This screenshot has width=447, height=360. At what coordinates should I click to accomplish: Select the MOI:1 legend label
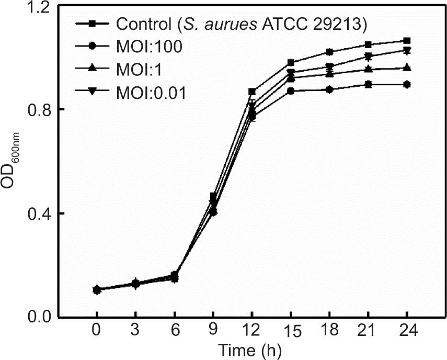[x=140, y=69]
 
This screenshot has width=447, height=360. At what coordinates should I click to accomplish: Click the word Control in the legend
[x=143, y=24]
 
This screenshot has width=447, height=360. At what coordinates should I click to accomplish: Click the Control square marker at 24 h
[x=407, y=41]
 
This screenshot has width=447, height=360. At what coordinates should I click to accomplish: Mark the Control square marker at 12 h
[x=252, y=92]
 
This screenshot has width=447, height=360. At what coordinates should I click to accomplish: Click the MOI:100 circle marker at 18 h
[x=329, y=89]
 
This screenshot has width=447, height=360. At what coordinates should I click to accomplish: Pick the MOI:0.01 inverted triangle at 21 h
[x=369, y=57]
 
